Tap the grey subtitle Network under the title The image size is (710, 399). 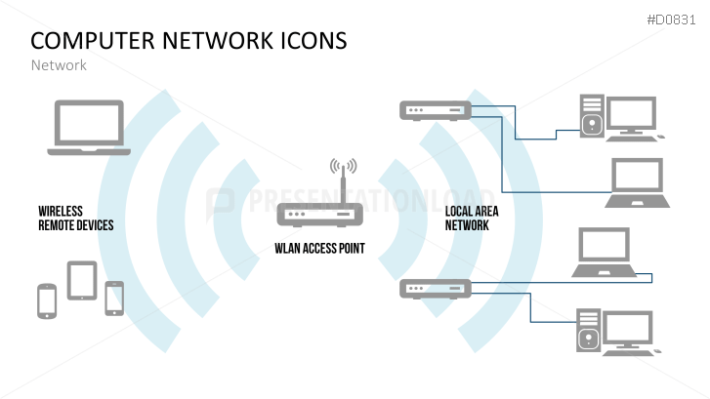pyautogui.click(x=59, y=65)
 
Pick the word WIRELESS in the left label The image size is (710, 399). pyautogui.click(x=61, y=211)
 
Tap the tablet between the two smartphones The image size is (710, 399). pyautogui.click(x=81, y=280)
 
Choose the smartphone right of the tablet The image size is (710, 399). pyautogui.click(x=114, y=298)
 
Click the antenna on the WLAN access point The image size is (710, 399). pyautogui.click(x=342, y=178)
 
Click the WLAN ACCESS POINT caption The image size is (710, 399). pyautogui.click(x=319, y=249)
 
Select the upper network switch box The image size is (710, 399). pyautogui.click(x=435, y=111)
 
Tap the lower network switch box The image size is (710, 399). pyautogui.click(x=435, y=288)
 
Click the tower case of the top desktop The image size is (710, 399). pyautogui.click(x=591, y=114)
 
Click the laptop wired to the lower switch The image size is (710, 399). pyautogui.click(x=605, y=251)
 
